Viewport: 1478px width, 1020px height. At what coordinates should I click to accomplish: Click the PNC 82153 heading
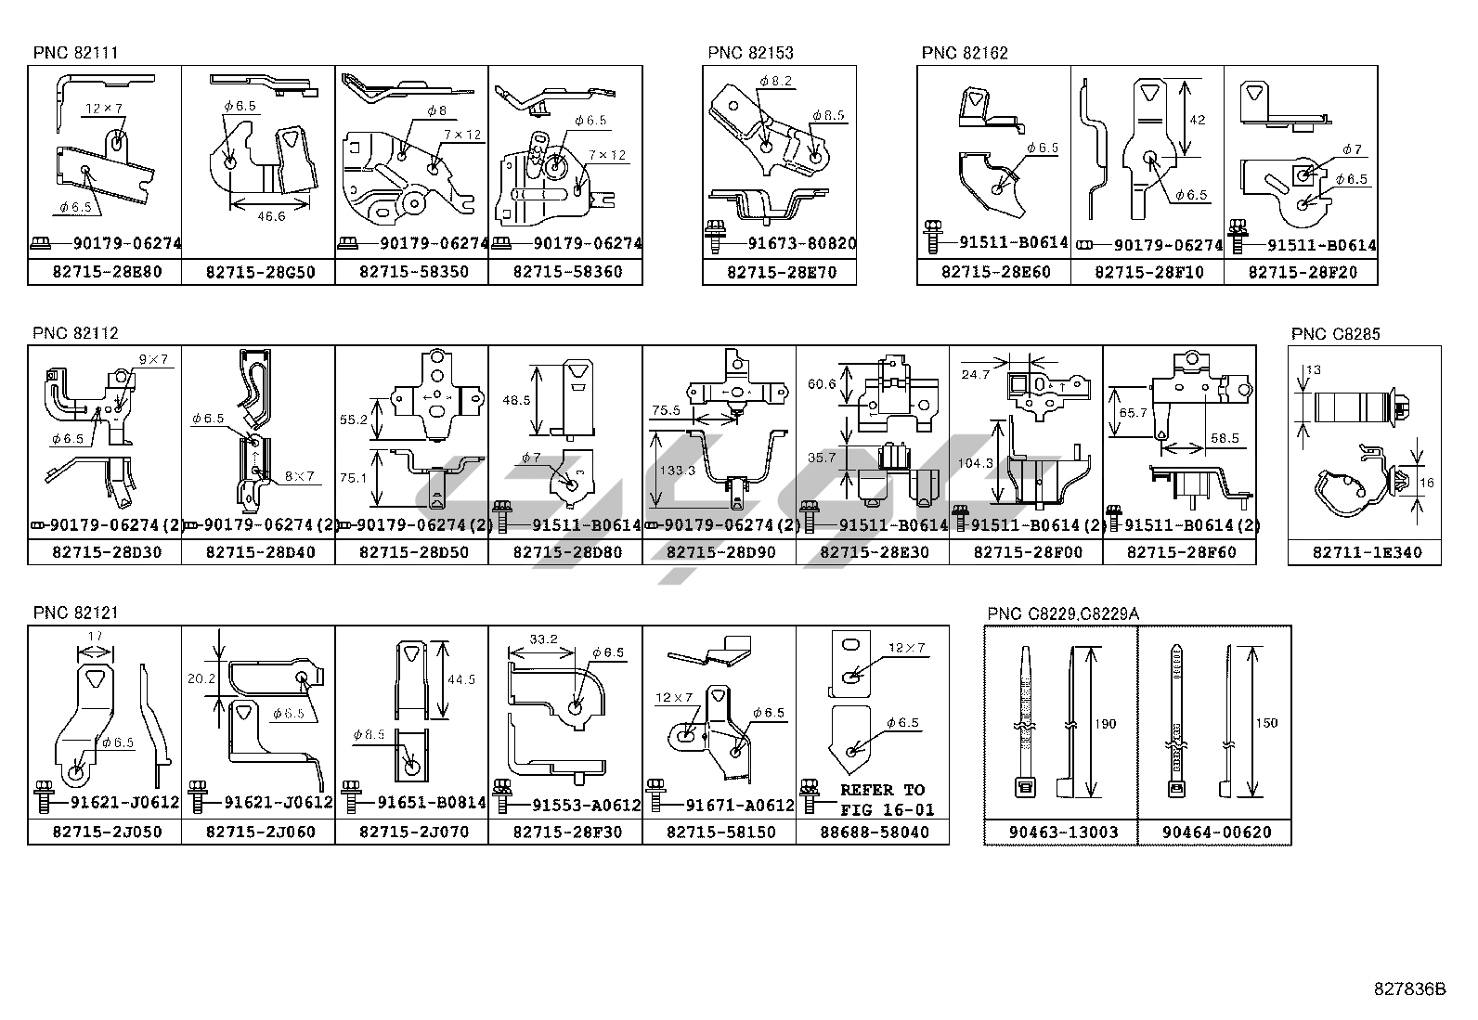coord(750,53)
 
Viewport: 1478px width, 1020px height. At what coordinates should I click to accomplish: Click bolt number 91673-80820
coord(801,244)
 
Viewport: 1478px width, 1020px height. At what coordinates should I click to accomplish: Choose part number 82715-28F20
coord(1301,272)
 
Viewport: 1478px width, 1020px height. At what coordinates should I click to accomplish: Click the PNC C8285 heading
coord(1335,334)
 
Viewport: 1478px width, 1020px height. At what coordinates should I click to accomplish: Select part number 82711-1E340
coord(1364,552)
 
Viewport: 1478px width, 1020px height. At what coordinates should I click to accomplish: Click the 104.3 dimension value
coord(974,462)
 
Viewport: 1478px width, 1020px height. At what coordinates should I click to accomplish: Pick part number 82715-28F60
coord(1180,552)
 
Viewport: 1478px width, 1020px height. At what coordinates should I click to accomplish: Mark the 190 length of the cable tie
coord(1104,724)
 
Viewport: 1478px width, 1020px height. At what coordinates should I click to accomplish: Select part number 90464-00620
coord(1214,833)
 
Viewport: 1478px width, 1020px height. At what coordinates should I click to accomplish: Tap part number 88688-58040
coord(873,833)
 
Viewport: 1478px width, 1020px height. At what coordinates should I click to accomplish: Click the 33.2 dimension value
coord(543,640)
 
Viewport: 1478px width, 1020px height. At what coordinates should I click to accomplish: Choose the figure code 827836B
coord(1409,988)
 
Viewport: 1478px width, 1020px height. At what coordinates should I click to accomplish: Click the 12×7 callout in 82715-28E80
coord(104,109)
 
